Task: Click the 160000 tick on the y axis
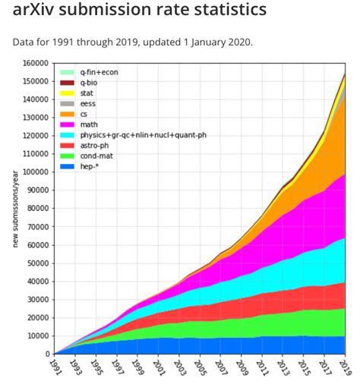pyautogui.click(x=34, y=63)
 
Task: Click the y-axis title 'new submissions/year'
pyautogui.click(x=15, y=209)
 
